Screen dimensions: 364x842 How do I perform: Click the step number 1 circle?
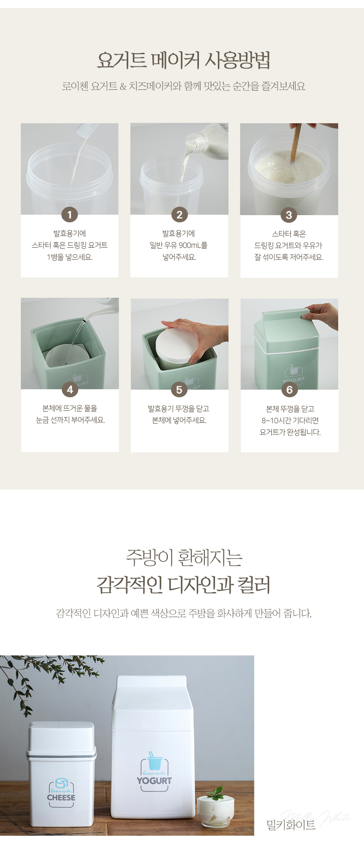(x=70, y=215)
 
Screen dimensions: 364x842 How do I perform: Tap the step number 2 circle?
(x=179, y=215)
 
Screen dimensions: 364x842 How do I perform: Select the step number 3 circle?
(x=289, y=215)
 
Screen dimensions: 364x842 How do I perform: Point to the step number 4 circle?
(x=70, y=390)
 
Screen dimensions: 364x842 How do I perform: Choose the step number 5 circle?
(x=179, y=390)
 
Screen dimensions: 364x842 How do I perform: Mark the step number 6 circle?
(x=290, y=390)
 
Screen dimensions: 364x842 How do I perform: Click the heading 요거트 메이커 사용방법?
(x=183, y=60)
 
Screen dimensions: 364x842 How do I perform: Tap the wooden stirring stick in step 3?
(x=296, y=142)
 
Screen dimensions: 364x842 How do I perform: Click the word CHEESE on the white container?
(x=61, y=797)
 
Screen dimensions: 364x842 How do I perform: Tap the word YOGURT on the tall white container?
(x=154, y=781)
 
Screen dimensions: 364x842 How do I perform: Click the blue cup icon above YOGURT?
(x=154, y=761)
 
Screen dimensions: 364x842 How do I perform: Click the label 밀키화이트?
(x=291, y=824)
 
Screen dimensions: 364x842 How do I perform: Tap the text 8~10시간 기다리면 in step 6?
(x=290, y=421)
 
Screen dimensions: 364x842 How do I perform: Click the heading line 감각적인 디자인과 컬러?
(x=183, y=584)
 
